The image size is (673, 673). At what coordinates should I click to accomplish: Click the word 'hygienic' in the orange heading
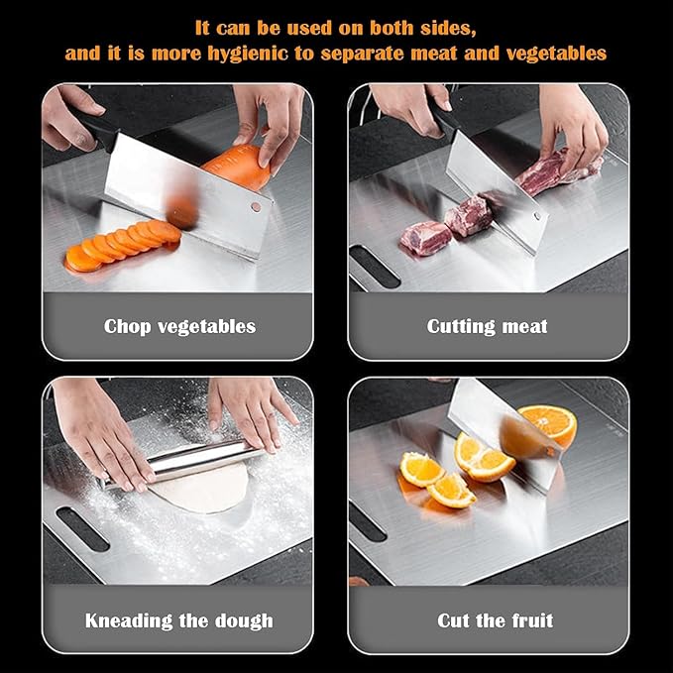[x=266, y=53]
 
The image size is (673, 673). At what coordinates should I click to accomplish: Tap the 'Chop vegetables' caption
[x=179, y=326]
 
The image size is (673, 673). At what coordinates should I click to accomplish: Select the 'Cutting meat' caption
[x=487, y=326]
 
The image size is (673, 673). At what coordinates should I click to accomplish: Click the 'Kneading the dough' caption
[x=178, y=621]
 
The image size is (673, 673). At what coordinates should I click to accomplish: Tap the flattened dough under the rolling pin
[x=198, y=491]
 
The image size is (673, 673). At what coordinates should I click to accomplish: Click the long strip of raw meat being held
[x=555, y=172]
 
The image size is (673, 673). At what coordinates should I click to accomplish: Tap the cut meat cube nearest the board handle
[x=423, y=238]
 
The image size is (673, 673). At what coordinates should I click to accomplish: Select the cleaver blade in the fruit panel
[x=501, y=426]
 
